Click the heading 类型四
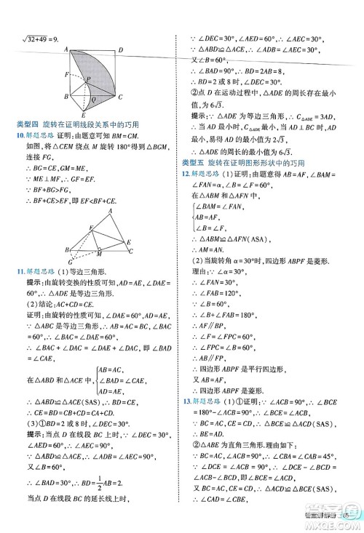tap(29, 125)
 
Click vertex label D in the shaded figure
tap(121, 49)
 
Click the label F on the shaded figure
tap(67, 75)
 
